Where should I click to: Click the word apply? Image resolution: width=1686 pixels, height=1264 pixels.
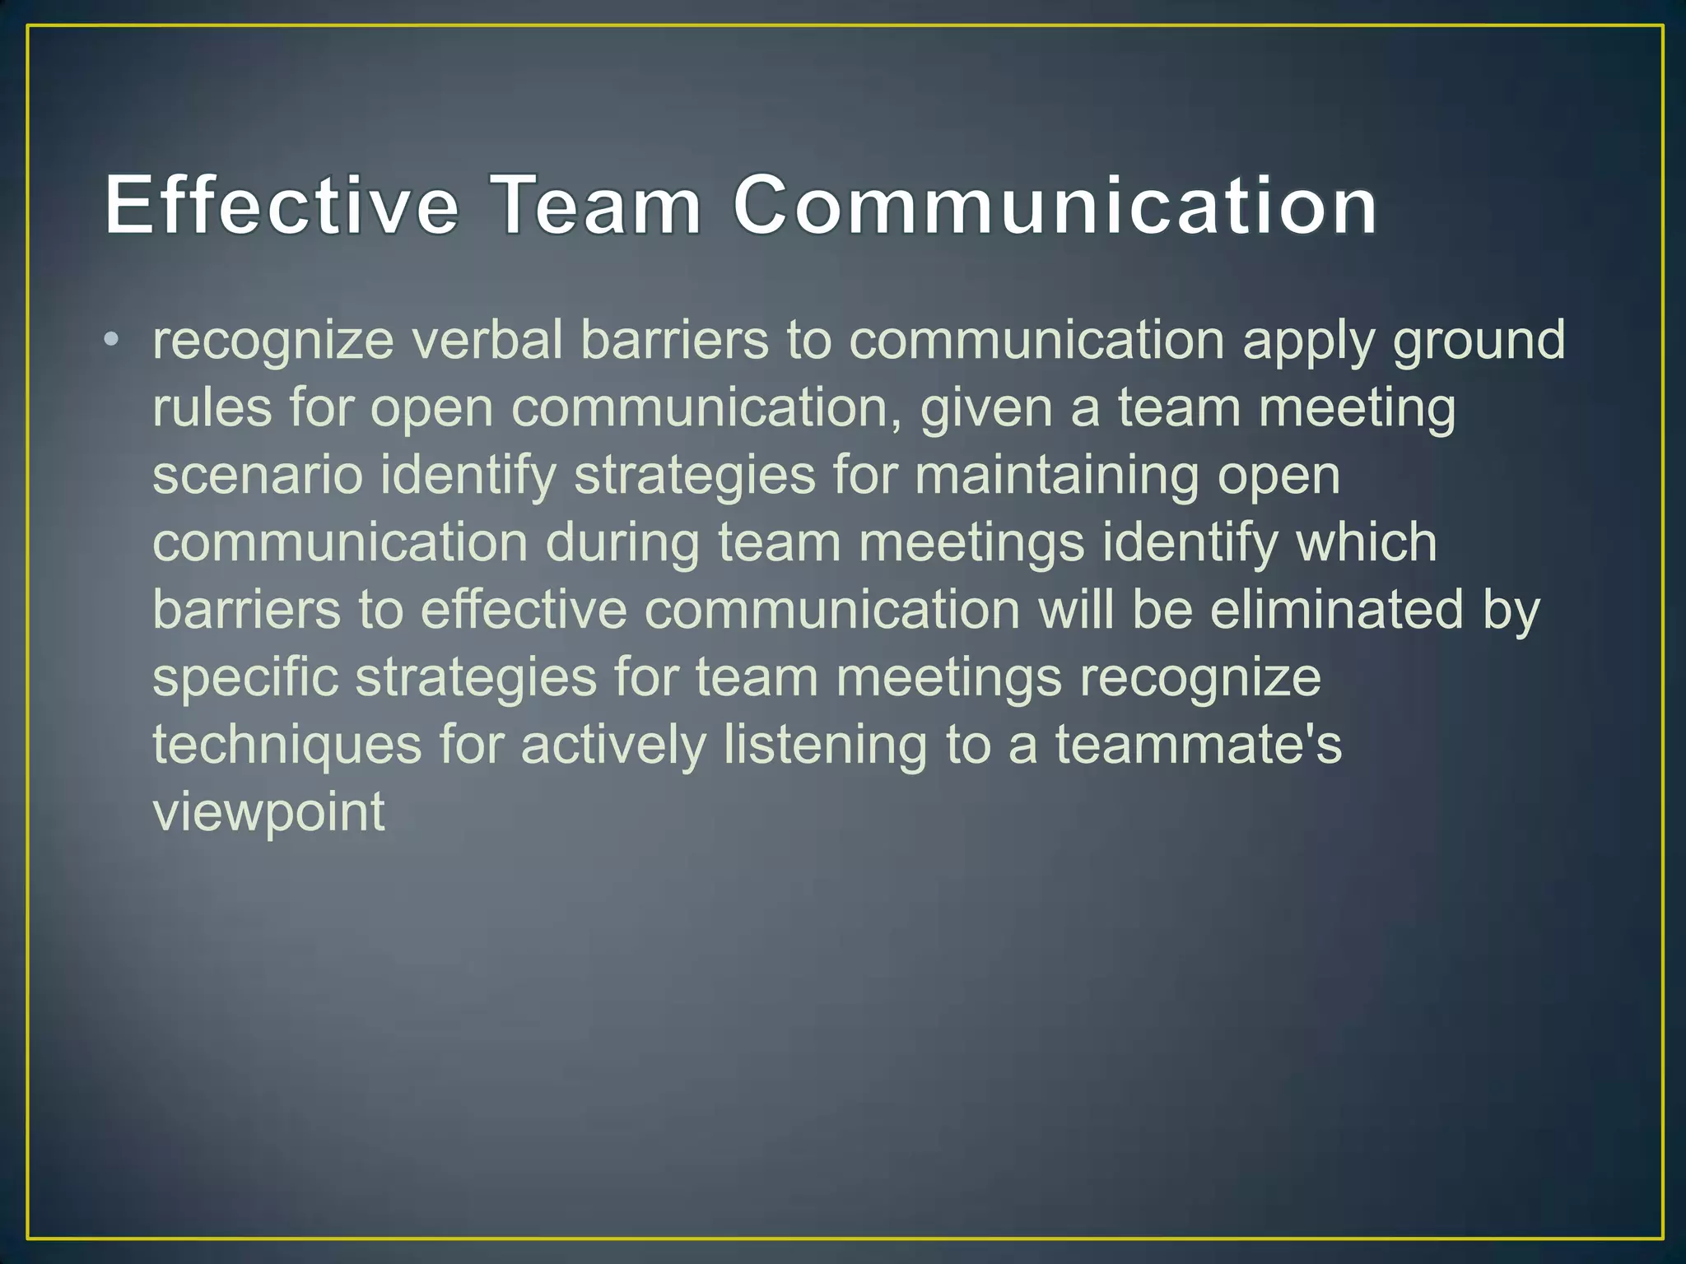pos(1308,342)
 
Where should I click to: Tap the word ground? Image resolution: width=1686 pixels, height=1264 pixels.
pos(1479,342)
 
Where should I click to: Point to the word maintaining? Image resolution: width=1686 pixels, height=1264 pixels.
pos(1056,476)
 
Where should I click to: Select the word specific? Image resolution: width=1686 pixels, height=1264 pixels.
pos(245,679)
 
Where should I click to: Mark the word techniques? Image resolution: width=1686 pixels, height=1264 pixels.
pos(287,746)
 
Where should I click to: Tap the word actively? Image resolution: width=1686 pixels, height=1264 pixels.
pos(613,746)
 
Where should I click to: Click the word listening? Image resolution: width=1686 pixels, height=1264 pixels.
pos(825,746)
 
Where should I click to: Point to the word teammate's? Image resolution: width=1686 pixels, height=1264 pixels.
pos(1199,745)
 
